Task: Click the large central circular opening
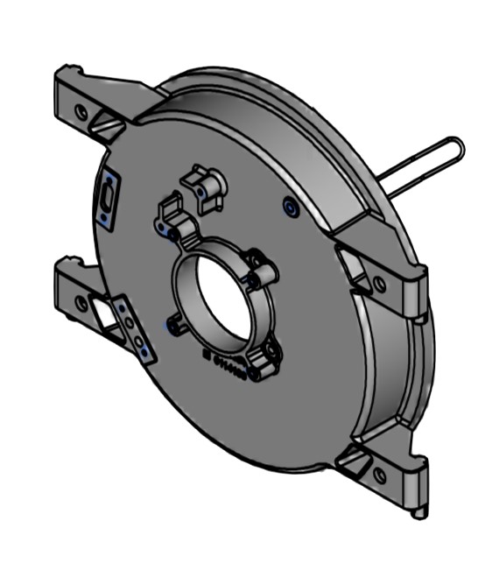[x=220, y=294]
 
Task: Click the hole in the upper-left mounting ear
[x=81, y=112]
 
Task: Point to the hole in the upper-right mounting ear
[x=379, y=284]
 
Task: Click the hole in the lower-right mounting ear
[x=379, y=475]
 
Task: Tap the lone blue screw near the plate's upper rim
[x=290, y=208]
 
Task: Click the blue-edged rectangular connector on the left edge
[x=107, y=201]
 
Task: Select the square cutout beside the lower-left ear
[x=108, y=314]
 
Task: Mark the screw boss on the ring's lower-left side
[x=175, y=325]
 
